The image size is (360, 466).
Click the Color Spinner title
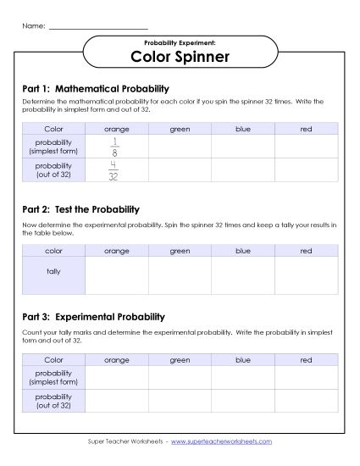[180, 58]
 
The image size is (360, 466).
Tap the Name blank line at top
[98, 26]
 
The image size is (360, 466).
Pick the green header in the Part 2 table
[180, 250]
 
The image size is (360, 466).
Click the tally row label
[53, 275]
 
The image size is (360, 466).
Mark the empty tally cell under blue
[243, 275]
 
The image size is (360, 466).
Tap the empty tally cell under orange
[116, 275]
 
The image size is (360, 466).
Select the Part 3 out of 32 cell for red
[307, 401]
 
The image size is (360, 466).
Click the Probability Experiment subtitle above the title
[180, 42]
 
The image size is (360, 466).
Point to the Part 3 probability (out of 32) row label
[53, 401]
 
